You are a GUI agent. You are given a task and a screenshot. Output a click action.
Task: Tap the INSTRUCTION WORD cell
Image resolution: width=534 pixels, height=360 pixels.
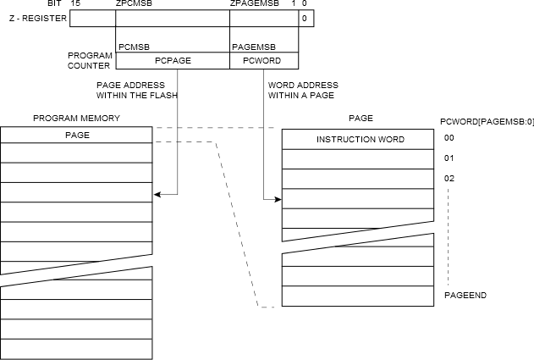click(360, 139)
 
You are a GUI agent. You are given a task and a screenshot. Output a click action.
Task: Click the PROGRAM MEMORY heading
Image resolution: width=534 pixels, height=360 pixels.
click(76, 118)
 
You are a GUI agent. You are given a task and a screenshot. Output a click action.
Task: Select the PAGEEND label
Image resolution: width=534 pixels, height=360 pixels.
click(465, 295)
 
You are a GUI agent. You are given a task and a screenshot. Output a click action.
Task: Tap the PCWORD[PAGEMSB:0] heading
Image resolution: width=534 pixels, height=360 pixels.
click(487, 121)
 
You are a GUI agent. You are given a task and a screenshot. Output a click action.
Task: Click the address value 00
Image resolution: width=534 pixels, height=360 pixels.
click(449, 138)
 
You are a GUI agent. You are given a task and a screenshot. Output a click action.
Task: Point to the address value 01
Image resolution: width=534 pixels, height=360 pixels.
click(449, 158)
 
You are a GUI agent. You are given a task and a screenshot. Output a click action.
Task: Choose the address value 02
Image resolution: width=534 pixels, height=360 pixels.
click(449, 178)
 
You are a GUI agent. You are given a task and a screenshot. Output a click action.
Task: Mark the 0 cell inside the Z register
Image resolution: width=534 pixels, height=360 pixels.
click(305, 18)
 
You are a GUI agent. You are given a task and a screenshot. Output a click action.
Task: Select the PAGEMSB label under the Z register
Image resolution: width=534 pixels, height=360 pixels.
click(252, 47)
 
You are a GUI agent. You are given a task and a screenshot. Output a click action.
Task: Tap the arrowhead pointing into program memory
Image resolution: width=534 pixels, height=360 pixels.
click(157, 195)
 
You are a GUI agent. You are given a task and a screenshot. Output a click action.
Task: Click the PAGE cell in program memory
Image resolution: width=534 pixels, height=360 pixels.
click(76, 135)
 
